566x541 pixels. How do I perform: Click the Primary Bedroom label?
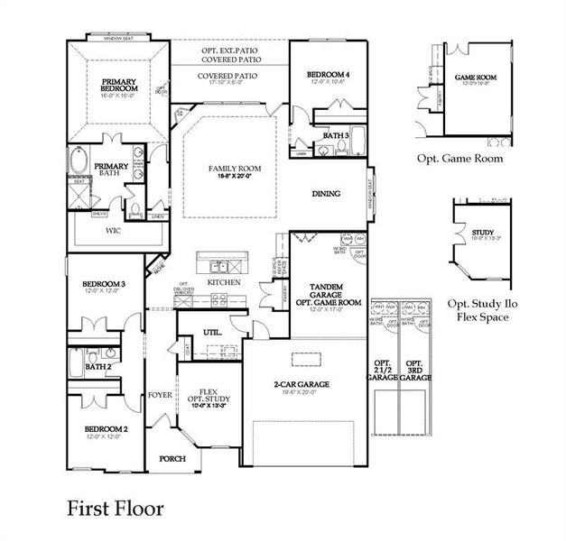pyautogui.click(x=119, y=84)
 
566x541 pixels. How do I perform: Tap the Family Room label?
pyautogui.click(x=228, y=169)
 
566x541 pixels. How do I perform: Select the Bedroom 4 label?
pyautogui.click(x=328, y=73)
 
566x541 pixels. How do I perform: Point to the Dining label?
pyautogui.click(x=327, y=193)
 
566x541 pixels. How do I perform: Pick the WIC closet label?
pyautogui.click(x=112, y=231)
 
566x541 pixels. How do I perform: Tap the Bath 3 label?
pyautogui.click(x=336, y=135)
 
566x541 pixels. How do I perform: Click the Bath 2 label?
pyautogui.click(x=98, y=367)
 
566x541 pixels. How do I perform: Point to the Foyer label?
pyautogui.click(x=160, y=395)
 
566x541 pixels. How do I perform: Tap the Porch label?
pyautogui.click(x=172, y=458)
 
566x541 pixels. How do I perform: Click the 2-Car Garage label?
pyautogui.click(x=302, y=384)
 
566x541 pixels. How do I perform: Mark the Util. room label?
pyautogui.click(x=213, y=332)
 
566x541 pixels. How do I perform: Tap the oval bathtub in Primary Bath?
pyautogui.click(x=79, y=164)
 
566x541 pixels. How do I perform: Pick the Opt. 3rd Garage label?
pyautogui.click(x=416, y=368)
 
